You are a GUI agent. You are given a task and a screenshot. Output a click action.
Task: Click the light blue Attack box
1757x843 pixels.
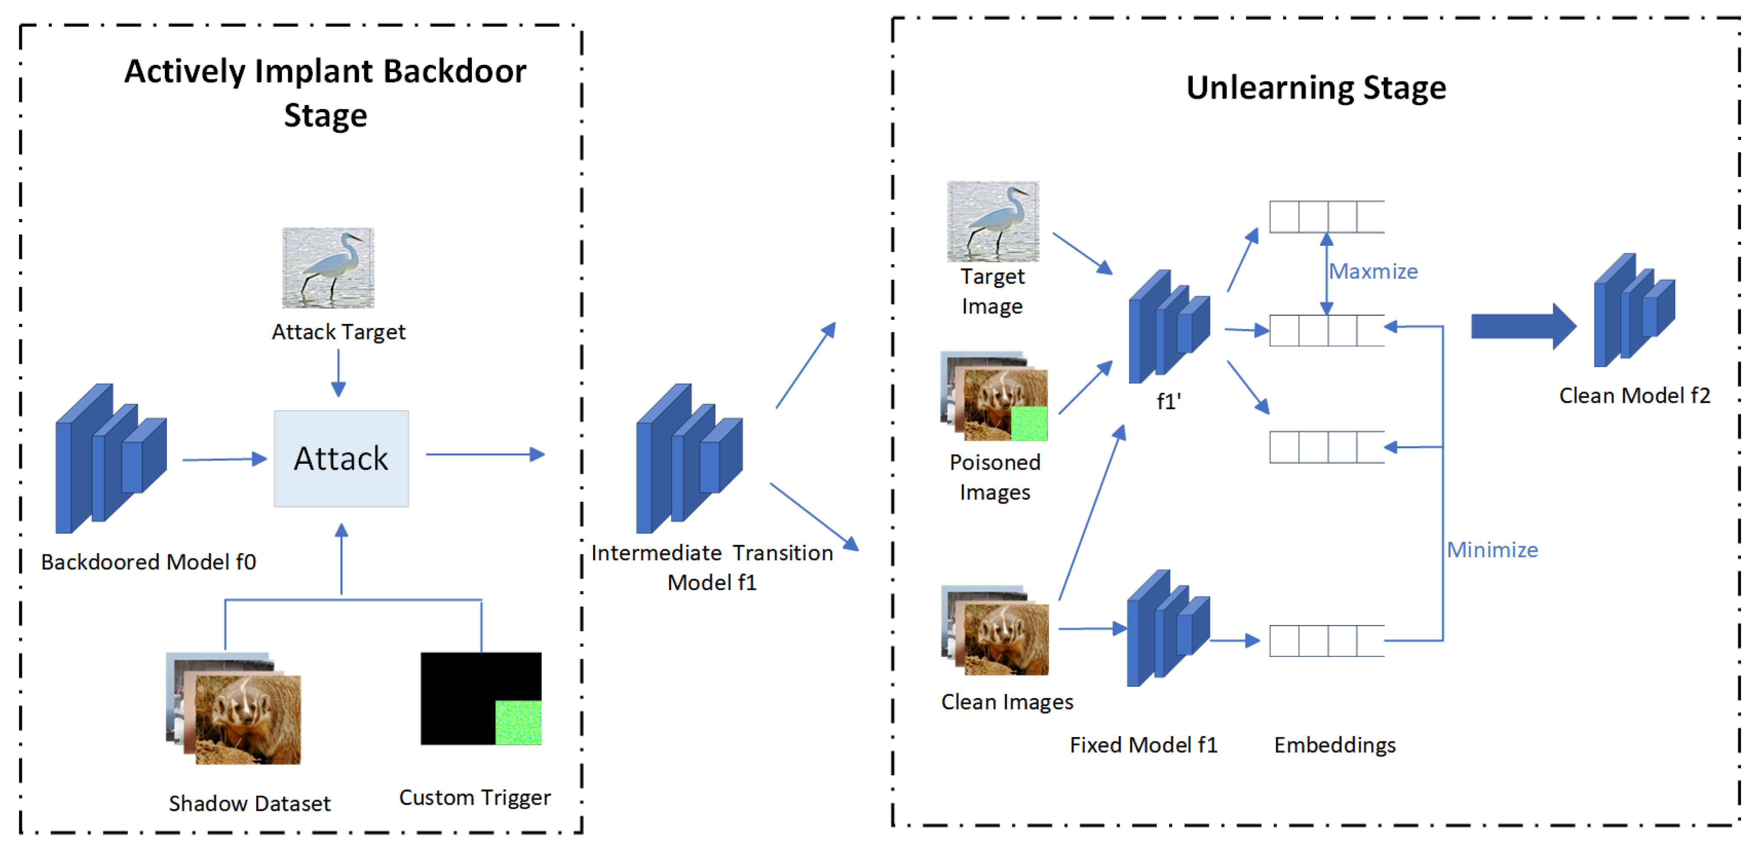341,458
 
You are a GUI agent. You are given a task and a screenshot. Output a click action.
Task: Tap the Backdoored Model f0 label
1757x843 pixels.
148,562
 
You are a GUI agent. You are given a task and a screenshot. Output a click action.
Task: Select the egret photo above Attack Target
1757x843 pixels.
328,268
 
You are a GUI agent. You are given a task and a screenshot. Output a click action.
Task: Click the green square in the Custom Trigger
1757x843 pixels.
518,722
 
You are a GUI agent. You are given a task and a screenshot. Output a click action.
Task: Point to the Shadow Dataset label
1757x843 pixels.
250,803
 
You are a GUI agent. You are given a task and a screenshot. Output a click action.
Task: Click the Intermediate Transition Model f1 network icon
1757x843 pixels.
689,459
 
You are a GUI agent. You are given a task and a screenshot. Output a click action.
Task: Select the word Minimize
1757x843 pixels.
1492,550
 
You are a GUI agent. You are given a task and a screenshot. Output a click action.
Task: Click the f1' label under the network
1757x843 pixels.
1169,401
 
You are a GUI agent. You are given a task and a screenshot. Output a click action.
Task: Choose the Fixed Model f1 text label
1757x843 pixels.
1143,745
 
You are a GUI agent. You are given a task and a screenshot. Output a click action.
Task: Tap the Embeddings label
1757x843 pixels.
1334,745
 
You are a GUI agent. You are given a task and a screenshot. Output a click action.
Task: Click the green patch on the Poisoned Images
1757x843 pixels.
1029,423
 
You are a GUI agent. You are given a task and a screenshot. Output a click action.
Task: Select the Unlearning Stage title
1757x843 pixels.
1316,87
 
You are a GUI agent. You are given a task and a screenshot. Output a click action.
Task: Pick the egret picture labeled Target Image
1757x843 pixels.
993,221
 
